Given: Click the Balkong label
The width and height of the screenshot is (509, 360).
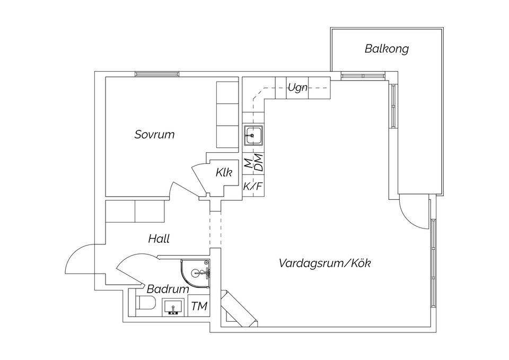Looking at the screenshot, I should [387, 49].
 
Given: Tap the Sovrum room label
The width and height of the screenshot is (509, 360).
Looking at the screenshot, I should [154, 135].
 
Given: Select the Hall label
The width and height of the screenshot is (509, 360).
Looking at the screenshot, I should [159, 239].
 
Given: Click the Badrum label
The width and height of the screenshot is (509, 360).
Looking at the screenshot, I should [168, 289].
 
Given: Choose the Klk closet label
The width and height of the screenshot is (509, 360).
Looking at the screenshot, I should [223, 172].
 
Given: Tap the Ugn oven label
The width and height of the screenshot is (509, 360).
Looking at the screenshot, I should [297, 88].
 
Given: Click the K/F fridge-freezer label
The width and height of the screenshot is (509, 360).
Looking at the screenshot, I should [253, 187].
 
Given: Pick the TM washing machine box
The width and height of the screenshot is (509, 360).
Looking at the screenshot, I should [199, 306].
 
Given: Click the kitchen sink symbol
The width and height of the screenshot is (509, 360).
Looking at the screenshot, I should [253, 136].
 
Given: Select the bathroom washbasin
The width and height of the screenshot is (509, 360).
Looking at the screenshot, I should [172, 307].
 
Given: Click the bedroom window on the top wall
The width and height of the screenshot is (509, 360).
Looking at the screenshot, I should [156, 74].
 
